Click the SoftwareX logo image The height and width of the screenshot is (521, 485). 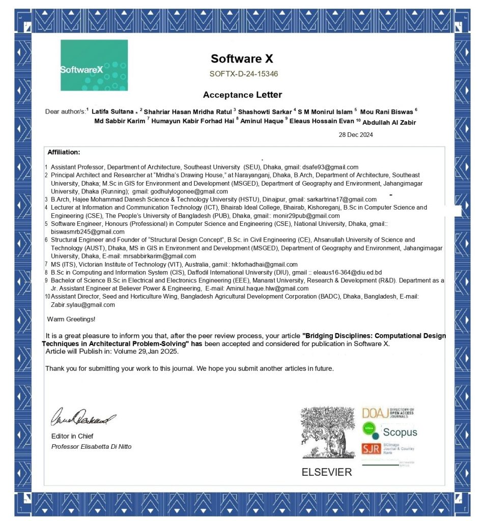point(94,65)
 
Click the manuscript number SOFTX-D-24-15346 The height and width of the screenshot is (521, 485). point(243,74)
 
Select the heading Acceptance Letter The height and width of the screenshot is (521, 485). point(242,95)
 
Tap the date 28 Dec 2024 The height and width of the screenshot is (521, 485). point(356,135)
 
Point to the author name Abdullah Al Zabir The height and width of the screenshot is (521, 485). point(392,122)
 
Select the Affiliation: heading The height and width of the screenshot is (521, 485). point(64,152)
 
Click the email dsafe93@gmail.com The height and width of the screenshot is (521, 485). point(330,167)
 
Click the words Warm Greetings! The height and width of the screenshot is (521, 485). point(71,319)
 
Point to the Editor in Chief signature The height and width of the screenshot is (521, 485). point(83,418)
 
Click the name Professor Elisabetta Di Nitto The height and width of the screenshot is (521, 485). point(92,446)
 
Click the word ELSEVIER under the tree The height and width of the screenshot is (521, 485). point(327,472)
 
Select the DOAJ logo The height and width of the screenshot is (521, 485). point(388,412)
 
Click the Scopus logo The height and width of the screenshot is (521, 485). point(390,431)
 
